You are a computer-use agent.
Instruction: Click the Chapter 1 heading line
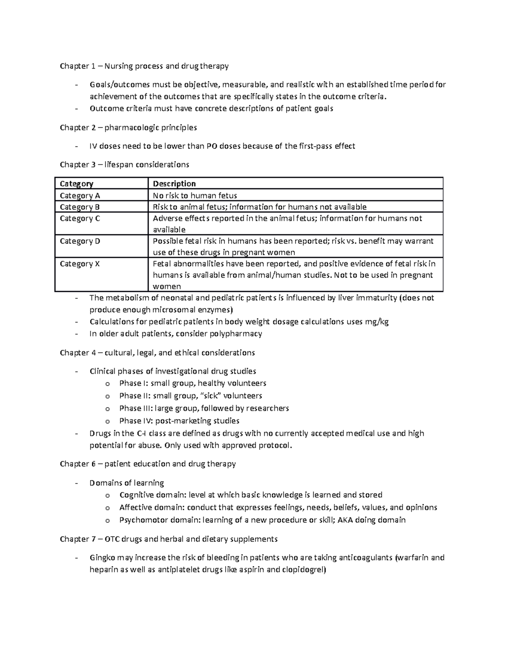tap(144, 66)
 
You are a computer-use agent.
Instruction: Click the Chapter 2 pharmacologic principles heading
tap(128, 127)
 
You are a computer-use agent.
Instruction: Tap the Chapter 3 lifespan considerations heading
tap(124, 165)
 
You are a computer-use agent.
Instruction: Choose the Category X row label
tap(80, 264)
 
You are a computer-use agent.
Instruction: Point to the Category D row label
tap(80, 241)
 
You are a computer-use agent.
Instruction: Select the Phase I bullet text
tap(193, 383)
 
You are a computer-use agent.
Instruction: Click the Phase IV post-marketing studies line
tap(179, 421)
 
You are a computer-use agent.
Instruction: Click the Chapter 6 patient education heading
tap(148, 464)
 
